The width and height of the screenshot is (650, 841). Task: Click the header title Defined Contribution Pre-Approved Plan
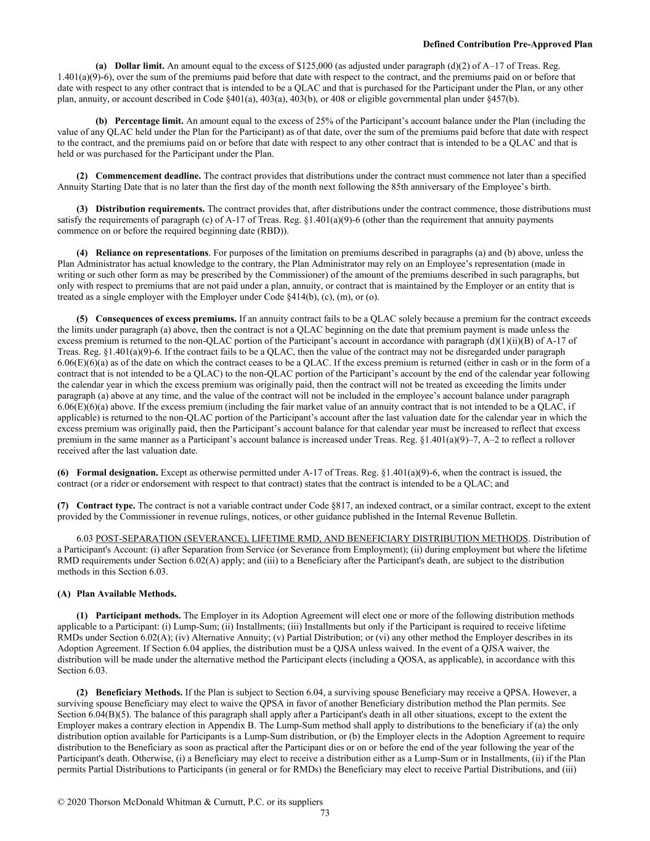(508, 44)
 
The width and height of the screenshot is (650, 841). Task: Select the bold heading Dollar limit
(140, 66)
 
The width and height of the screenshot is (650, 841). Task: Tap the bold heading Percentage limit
(149, 121)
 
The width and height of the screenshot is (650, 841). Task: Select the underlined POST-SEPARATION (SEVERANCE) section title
(312, 539)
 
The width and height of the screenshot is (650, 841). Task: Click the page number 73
(325, 813)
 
